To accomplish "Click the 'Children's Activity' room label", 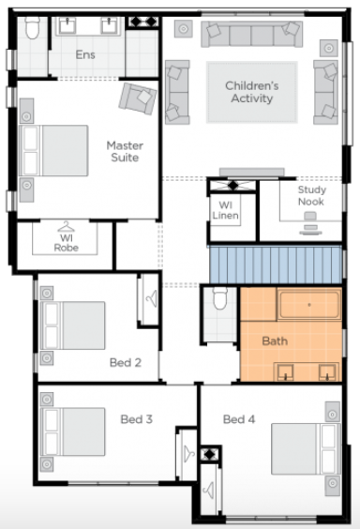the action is (252, 92).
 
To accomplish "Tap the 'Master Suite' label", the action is (125, 152).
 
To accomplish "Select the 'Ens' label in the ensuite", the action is (85, 54).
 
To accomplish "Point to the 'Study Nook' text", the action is (311, 196).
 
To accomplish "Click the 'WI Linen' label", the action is (226, 210).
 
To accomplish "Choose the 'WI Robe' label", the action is (67, 243).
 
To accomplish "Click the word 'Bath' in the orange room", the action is (275, 341).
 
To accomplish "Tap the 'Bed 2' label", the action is (126, 363).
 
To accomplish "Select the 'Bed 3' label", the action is (137, 419).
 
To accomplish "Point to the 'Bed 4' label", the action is (239, 419).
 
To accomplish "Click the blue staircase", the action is (276, 264).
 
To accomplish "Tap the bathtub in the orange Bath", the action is (309, 305).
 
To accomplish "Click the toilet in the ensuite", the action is (33, 27).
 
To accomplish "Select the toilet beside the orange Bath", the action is (220, 297).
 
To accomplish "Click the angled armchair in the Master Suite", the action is (138, 98).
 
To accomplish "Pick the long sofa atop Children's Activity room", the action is (251, 34).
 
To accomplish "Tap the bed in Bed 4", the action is (306, 449).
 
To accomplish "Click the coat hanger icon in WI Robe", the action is (67, 227).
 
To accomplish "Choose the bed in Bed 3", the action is (72, 431).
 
